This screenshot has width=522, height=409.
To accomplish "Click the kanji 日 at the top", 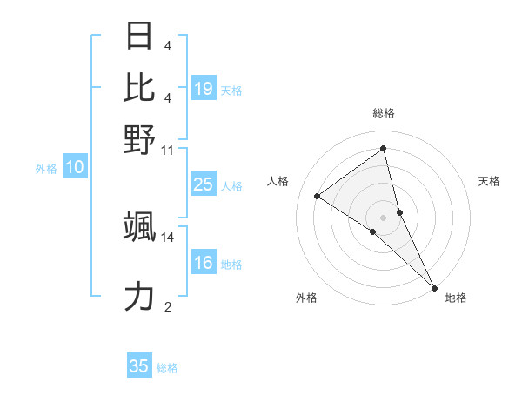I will coord(140,37).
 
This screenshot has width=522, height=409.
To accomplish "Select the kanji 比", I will coord(140,88).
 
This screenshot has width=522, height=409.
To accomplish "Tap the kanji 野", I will coord(140,139).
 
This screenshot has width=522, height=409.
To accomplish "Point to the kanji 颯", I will coord(140,226).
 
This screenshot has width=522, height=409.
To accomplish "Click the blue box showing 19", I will coord(204,89).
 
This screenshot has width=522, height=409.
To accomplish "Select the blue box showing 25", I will coord(204,184).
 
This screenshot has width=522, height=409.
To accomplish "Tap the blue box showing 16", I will coord(204,264).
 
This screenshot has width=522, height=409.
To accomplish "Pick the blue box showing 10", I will coord(75,168).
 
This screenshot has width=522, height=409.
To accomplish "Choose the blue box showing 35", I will coord(139,366).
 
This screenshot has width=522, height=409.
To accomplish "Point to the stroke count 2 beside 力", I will coord(168,306).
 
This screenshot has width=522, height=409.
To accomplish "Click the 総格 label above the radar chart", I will coord(384,113).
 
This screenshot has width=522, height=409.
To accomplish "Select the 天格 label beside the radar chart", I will coord(489,181).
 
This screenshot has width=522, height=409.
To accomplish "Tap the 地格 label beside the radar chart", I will coord(456,298).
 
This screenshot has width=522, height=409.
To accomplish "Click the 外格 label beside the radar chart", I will coord(306,298).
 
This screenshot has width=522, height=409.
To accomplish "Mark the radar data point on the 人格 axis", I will coord(318,196).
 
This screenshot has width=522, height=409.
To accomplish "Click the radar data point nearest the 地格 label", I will coord(434,287).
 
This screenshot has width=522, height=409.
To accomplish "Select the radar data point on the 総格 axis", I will coord(384,148).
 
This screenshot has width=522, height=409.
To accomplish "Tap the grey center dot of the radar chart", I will coord(384,216).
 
